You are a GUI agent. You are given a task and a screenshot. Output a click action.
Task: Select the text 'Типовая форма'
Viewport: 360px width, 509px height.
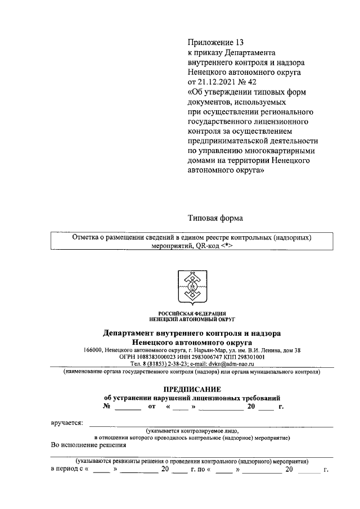tap(216, 218)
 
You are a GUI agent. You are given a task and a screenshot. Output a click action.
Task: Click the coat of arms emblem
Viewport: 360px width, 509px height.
tap(192, 287)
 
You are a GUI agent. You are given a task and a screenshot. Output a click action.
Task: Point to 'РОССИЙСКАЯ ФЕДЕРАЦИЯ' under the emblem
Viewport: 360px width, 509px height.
tap(192, 313)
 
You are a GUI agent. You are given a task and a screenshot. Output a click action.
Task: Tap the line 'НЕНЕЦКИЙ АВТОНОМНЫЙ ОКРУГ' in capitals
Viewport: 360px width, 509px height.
tap(192, 318)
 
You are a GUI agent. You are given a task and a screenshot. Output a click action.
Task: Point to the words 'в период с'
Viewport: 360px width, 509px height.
tap(67, 469)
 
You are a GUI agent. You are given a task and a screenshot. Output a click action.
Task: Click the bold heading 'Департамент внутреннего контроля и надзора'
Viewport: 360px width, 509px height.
tap(192, 334)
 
